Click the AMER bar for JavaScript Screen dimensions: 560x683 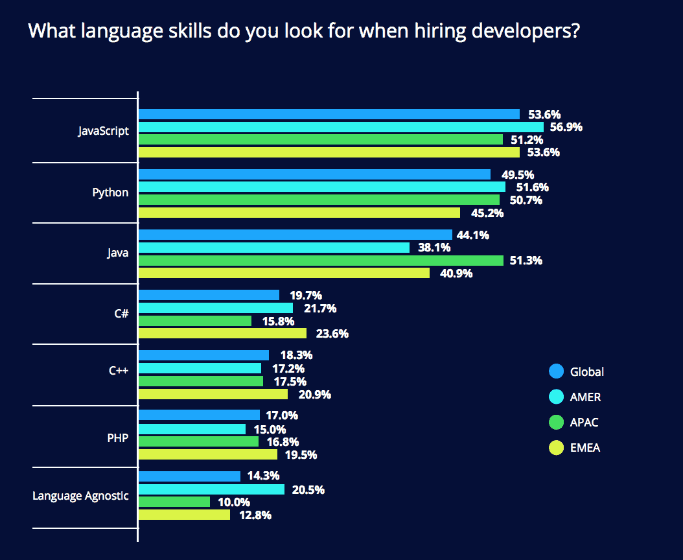point(341,127)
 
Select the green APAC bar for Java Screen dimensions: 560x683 point(321,261)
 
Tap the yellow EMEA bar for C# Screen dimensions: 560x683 point(222,334)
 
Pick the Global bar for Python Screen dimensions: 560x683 point(314,174)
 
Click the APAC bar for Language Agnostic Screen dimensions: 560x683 point(174,502)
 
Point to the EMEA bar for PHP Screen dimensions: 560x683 point(208,454)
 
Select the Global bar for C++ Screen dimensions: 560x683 point(203,355)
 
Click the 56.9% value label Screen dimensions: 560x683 point(564,127)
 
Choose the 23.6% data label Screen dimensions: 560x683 point(330,334)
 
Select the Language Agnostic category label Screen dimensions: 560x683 point(80,496)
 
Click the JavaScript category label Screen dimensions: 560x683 point(103,131)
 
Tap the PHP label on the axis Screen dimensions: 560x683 point(117,438)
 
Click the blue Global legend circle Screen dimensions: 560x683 point(556,371)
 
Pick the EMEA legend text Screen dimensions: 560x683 point(585,448)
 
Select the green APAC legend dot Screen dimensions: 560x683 point(556,423)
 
